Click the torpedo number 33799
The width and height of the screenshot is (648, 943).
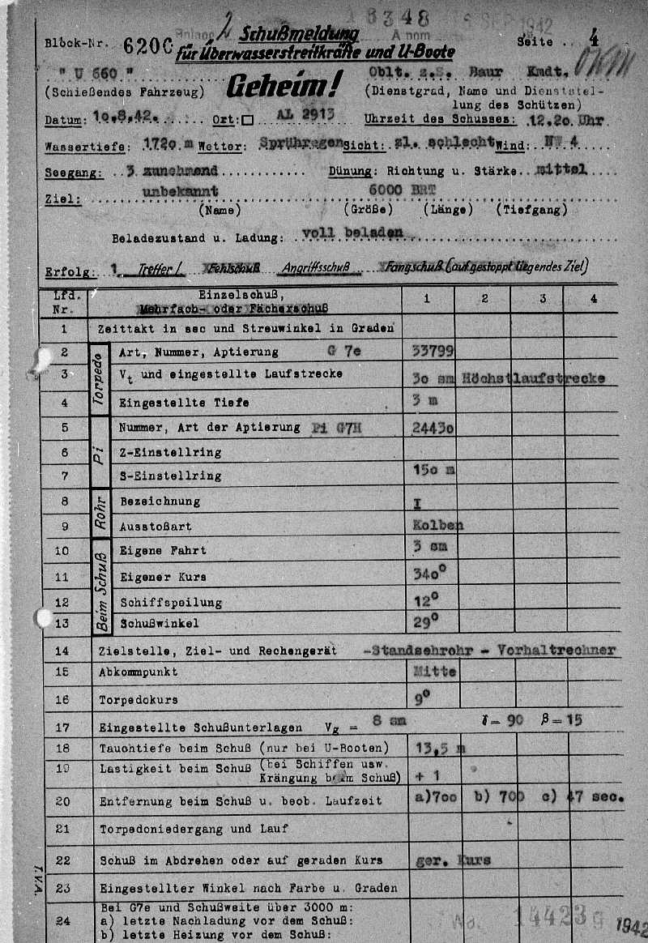click(433, 351)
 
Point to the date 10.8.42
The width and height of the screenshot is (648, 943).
click(123, 119)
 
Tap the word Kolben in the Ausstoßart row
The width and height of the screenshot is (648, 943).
click(437, 525)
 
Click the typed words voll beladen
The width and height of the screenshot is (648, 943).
click(352, 232)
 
